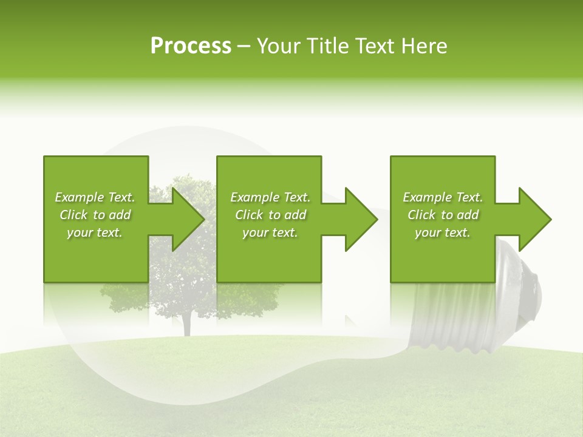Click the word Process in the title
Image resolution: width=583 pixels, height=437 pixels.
191,46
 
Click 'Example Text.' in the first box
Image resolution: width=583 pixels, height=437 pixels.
95,197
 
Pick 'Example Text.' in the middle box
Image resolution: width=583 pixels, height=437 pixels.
270,197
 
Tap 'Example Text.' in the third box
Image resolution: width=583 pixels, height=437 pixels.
443,197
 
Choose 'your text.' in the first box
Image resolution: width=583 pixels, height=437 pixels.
95,232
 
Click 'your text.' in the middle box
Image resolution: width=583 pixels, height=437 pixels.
270,232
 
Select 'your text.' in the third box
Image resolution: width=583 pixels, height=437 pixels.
443,232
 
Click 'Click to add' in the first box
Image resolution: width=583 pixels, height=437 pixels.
95,215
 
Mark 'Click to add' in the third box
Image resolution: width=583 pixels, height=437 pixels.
443,215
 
